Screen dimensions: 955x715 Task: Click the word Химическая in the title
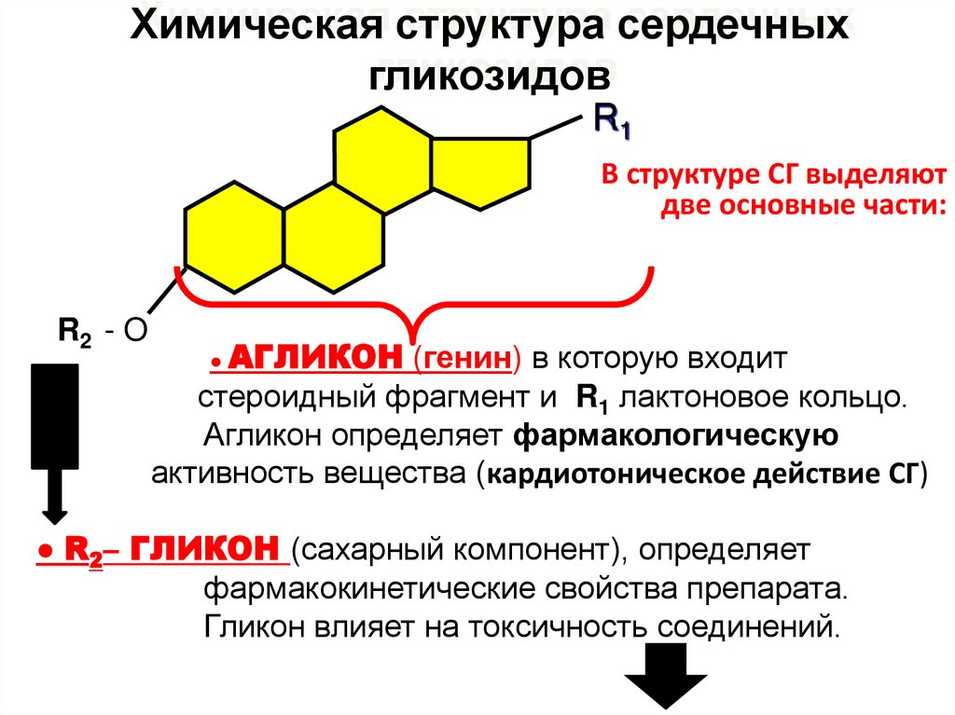point(253,28)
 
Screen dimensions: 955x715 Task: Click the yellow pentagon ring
point(479,173)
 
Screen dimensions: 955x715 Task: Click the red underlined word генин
point(467,359)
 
